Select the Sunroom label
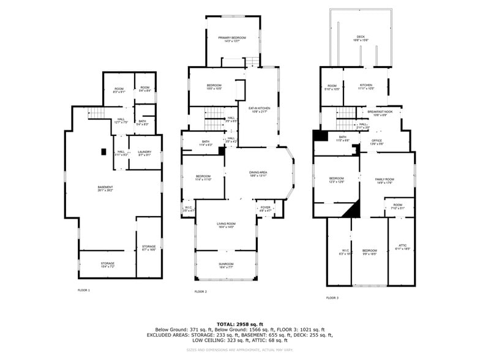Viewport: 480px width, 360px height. click(226, 266)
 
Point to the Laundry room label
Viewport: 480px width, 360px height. click(144, 154)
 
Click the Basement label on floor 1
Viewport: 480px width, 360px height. click(105, 189)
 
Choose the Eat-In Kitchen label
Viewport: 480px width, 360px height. click(259, 110)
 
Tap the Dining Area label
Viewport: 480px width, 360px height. click(258, 174)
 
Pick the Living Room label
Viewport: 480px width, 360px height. click(226, 225)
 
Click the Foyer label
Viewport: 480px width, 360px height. click(265, 209)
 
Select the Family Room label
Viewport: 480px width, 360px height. click(384, 180)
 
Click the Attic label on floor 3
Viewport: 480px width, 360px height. click(402, 247)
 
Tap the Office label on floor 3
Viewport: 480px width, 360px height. click(377, 142)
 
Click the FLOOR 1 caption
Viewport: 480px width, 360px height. click(83, 290)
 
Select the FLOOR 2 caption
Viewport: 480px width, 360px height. click(200, 291)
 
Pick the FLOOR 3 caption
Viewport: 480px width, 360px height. click(332, 298)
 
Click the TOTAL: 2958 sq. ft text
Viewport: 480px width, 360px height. click(239, 324)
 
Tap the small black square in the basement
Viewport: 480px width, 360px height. click(103, 151)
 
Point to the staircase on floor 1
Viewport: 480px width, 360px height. click(97, 113)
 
